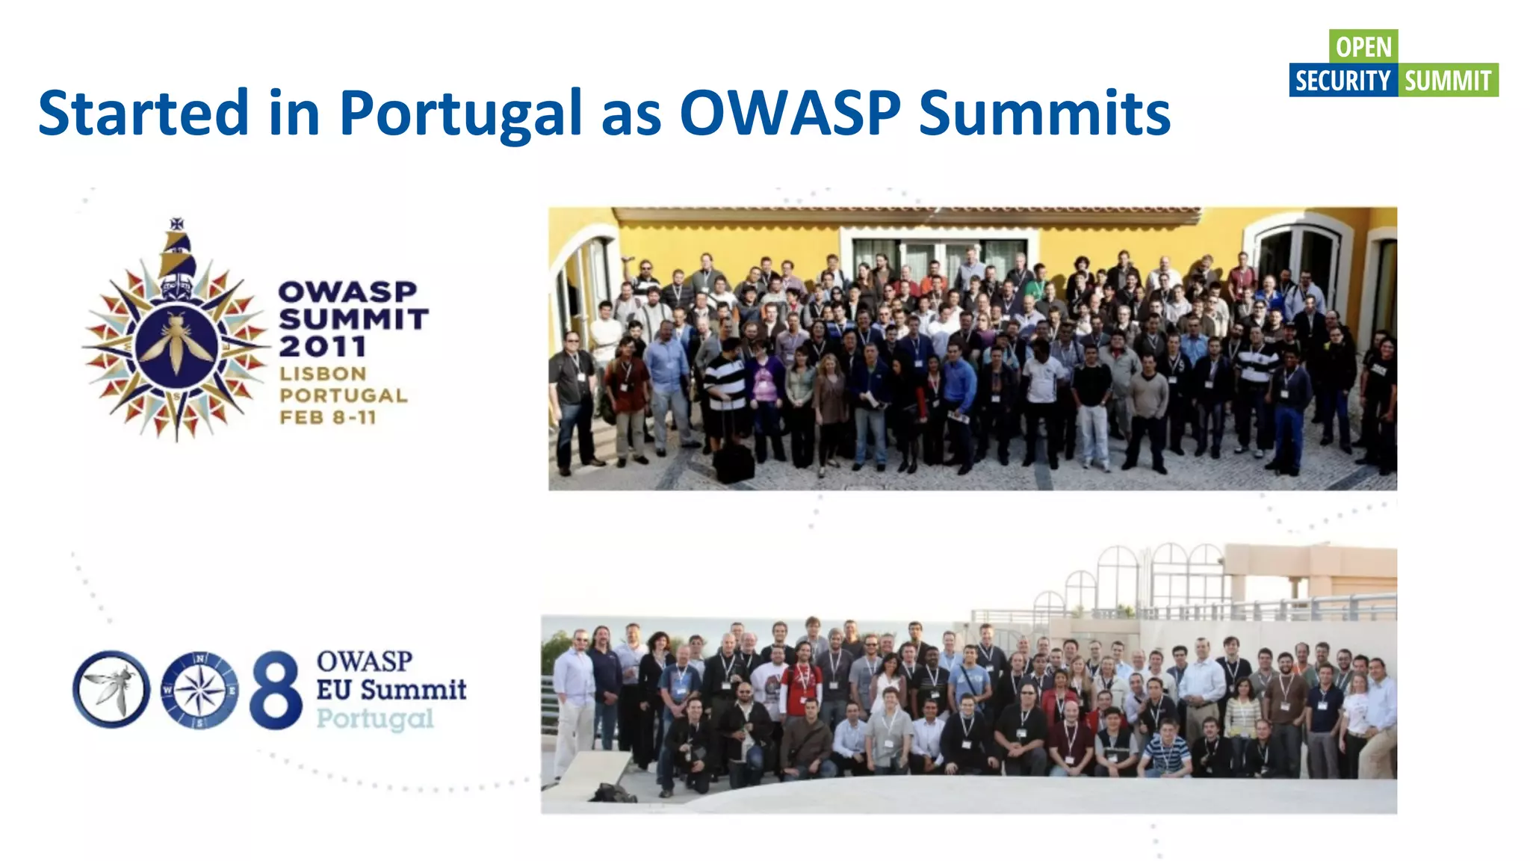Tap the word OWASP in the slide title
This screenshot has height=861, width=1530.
pyautogui.click(x=790, y=114)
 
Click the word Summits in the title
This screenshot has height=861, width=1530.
pyautogui.click(x=1044, y=114)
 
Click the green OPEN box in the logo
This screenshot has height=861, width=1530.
pyautogui.click(x=1363, y=46)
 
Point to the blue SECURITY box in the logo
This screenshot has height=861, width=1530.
pyautogui.click(x=1342, y=80)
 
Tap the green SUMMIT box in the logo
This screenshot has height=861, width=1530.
pyautogui.click(x=1448, y=80)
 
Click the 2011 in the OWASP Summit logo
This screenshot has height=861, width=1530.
pyautogui.click(x=323, y=346)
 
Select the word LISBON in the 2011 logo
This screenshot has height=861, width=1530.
pyautogui.click(x=323, y=374)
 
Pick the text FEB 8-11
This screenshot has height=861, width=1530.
pyautogui.click(x=328, y=417)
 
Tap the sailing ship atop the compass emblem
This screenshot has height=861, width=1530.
pyautogui.click(x=178, y=250)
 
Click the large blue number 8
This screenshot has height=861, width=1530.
pyautogui.click(x=276, y=689)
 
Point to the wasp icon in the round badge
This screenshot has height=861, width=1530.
pyautogui.click(x=111, y=689)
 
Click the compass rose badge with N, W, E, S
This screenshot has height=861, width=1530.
pyautogui.click(x=199, y=689)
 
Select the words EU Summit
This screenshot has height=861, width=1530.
pyautogui.click(x=391, y=689)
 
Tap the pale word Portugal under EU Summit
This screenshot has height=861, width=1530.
pyautogui.click(x=375, y=718)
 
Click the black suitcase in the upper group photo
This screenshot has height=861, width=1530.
pyautogui.click(x=734, y=462)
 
